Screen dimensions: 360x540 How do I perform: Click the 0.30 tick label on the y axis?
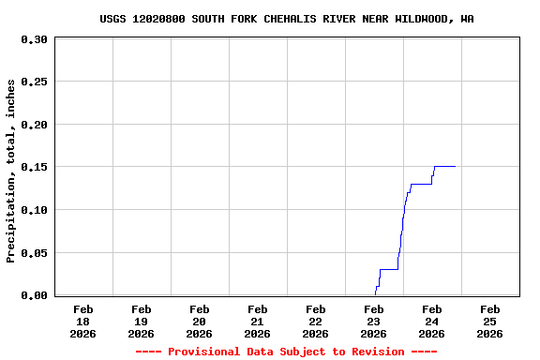tap(34, 39)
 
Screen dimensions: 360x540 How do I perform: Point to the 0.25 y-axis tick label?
tap(34, 82)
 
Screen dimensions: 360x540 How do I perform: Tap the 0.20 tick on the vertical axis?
tap(34, 125)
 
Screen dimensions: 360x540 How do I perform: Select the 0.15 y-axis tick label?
tap(34, 167)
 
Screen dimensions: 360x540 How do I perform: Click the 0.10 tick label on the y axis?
tap(34, 210)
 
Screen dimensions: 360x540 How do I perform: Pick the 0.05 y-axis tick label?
tap(34, 253)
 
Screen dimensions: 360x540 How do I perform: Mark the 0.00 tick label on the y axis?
tap(34, 295)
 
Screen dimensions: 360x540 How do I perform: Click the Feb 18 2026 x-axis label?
tap(83, 321)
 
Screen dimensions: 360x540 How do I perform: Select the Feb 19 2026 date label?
tap(142, 321)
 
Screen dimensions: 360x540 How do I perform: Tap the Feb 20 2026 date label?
tap(200, 321)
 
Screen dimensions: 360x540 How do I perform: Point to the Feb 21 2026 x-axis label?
tap(258, 321)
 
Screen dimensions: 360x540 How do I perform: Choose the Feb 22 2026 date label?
tap(316, 321)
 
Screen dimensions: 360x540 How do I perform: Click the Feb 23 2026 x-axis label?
tap(374, 321)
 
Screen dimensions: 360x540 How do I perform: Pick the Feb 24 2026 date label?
tap(432, 321)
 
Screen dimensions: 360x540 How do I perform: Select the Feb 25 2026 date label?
tap(490, 321)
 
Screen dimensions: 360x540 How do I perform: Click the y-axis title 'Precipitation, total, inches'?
tap(11, 171)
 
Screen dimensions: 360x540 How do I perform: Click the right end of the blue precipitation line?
tap(455, 166)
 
